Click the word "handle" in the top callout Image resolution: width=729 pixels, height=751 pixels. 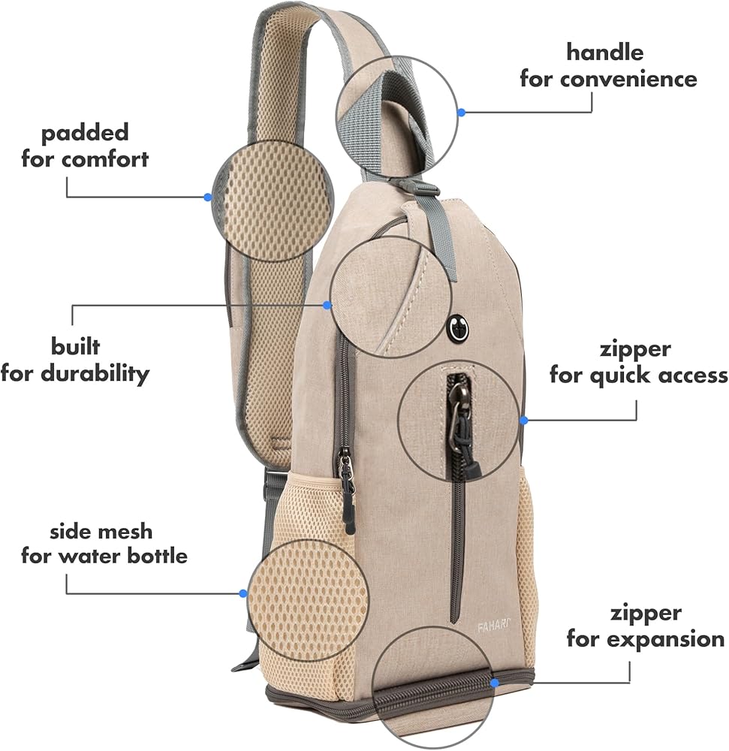click(604, 53)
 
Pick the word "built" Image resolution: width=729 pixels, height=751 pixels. click(75, 347)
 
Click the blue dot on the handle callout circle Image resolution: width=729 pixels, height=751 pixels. click(462, 112)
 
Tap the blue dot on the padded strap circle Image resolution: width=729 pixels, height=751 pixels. click(208, 197)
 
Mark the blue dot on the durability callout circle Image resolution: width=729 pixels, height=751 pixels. click(327, 305)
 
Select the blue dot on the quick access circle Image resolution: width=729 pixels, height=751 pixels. click(524, 420)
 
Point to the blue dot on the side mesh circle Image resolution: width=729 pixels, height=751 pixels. click(243, 593)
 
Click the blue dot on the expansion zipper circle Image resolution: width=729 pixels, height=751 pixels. click(495, 683)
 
